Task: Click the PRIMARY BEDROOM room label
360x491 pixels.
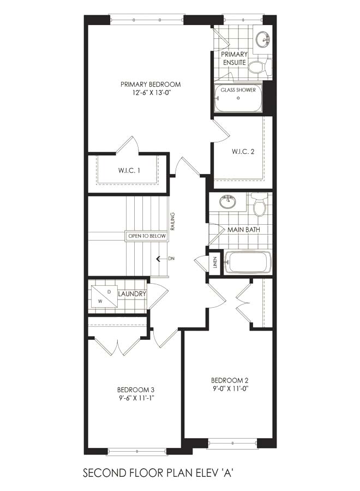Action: (151, 84)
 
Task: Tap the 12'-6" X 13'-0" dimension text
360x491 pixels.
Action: (151, 93)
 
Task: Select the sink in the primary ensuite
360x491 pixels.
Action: (262, 39)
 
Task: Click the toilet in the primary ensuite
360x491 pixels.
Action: (260, 67)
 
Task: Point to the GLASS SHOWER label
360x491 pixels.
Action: (238, 90)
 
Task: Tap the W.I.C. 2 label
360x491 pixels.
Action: (243, 152)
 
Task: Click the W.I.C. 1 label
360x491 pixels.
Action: (129, 170)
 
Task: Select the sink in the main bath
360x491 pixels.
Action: (228, 202)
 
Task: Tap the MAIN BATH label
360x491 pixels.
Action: (244, 230)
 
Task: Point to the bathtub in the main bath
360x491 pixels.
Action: (248, 262)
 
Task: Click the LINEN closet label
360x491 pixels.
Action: (215, 262)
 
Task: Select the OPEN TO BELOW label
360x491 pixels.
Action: (147, 236)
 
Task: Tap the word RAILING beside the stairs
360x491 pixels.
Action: (173, 221)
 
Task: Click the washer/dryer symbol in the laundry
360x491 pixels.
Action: (105, 296)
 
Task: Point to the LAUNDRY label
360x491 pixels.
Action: (132, 294)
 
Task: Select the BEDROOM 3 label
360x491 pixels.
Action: (136, 390)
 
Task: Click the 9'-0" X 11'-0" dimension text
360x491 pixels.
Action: (230, 388)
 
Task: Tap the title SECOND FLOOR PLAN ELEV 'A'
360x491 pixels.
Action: (158, 472)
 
